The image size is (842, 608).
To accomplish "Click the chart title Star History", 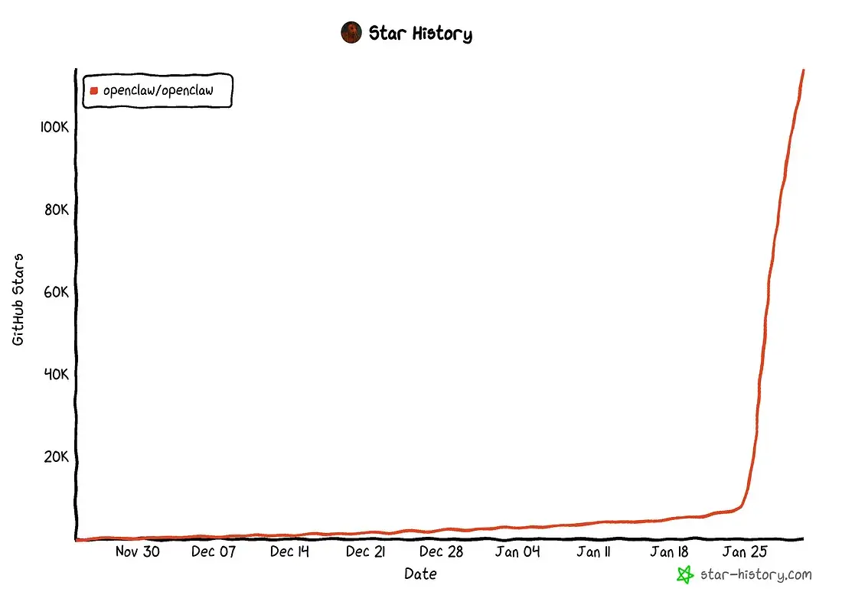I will point(420,34).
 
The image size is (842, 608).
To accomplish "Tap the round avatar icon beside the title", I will point(351,33).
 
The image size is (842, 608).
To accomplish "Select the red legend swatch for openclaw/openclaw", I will point(93,90).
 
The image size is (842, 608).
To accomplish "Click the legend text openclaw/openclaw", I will point(158,90).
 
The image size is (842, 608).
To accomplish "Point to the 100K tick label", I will point(54,127).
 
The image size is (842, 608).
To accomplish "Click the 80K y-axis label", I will point(57,210).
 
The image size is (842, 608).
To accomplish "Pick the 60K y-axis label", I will point(57,292).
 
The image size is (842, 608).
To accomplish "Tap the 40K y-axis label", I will point(57,375).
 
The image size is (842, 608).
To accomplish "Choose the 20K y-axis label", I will point(57,457).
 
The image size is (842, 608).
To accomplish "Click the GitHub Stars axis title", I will point(18,298).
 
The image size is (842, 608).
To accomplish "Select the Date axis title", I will point(421,574).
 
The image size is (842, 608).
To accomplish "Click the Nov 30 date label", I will point(138,551).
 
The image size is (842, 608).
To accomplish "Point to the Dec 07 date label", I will point(214,551).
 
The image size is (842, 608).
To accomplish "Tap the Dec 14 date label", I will point(289,551).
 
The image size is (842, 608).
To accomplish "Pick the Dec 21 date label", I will point(366,551).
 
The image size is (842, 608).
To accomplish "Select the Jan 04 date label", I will point(517,551).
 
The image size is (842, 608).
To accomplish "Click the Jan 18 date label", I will point(669,551).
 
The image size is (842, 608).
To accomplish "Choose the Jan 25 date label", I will point(745,551).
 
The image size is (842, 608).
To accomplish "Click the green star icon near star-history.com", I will point(686,574).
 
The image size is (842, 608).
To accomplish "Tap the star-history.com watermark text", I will point(756,574).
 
